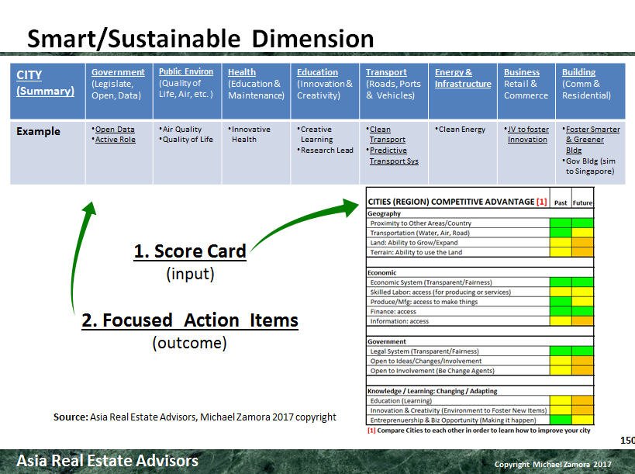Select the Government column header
click(x=118, y=72)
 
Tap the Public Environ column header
click(x=186, y=72)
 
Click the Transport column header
click(x=386, y=72)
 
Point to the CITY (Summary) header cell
click(x=45, y=83)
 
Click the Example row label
click(x=38, y=131)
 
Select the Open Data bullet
click(x=114, y=130)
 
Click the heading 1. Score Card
click(x=190, y=252)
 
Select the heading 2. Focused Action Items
click(x=190, y=320)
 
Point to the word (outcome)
click(x=189, y=343)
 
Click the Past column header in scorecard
click(x=561, y=202)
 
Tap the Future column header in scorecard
click(x=582, y=202)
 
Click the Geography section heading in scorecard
click(x=385, y=213)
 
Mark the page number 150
click(x=627, y=440)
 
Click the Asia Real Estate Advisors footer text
click(x=108, y=461)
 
